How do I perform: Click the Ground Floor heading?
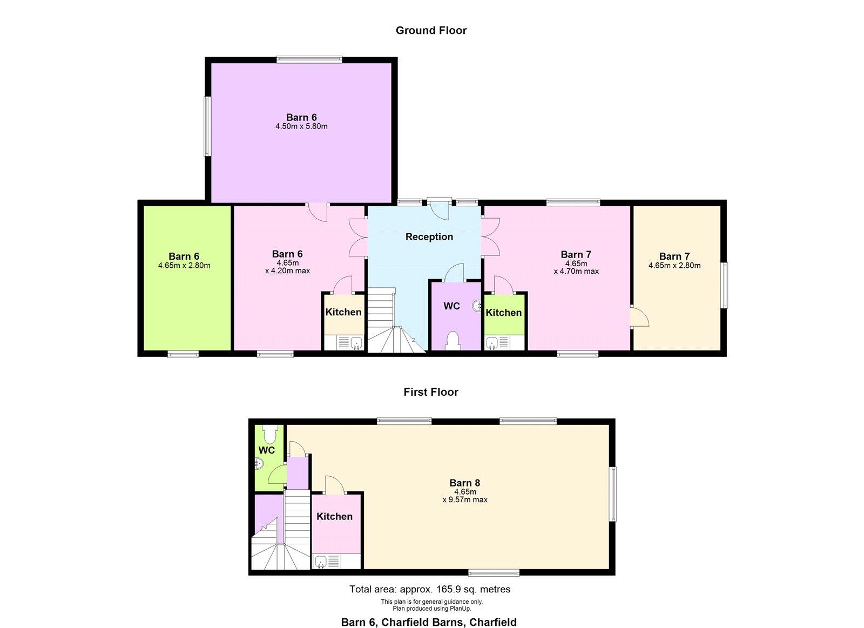point(431,30)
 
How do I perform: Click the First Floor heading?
point(431,392)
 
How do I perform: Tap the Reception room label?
point(429,237)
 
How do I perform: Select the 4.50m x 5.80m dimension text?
point(301,126)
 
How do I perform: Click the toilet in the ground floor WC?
point(451,341)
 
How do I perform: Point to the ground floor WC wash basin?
point(477,306)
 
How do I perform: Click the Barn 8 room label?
point(465,483)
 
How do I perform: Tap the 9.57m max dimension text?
point(465,500)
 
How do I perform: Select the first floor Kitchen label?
point(334,517)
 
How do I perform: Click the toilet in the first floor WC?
point(269,434)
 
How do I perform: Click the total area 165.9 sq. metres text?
point(430,590)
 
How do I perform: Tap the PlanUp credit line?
point(431,609)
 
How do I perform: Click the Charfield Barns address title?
point(429,622)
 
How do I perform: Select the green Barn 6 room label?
point(184,256)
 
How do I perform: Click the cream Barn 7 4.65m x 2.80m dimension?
point(674,265)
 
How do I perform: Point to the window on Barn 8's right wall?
point(612,494)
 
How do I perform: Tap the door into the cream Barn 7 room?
point(639,317)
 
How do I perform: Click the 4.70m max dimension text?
point(576,272)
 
